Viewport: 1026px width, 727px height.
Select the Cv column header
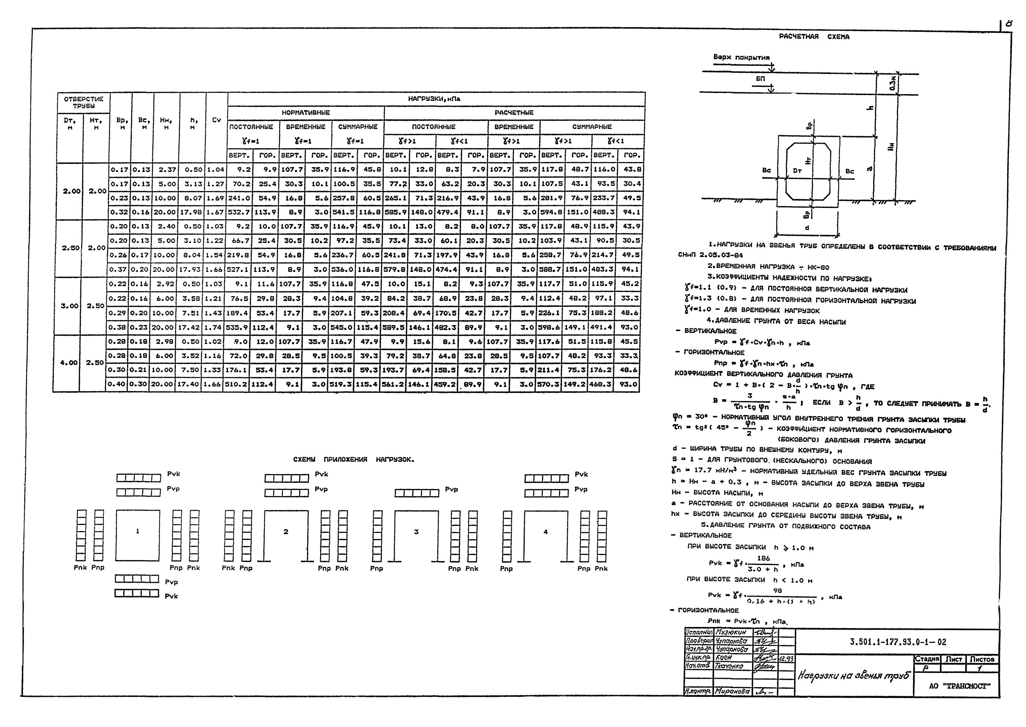[216, 120]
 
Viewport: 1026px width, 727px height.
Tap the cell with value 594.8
[550, 212]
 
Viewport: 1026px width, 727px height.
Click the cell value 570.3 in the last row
[548, 385]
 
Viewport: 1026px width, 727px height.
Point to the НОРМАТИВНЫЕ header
[306, 113]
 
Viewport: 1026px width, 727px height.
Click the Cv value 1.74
[212, 327]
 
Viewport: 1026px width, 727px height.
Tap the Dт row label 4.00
[69, 363]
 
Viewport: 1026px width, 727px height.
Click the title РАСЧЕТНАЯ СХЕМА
[814, 37]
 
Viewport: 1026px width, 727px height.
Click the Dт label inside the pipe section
[797, 171]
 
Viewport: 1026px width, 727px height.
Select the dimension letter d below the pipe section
[807, 228]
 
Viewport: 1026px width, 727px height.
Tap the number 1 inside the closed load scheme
[137, 531]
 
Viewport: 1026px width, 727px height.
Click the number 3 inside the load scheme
[416, 532]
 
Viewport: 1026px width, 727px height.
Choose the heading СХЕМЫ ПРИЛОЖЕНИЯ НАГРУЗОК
[354, 460]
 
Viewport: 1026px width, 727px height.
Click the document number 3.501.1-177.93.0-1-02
[898, 642]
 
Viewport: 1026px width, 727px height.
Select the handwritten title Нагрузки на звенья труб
[853, 676]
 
